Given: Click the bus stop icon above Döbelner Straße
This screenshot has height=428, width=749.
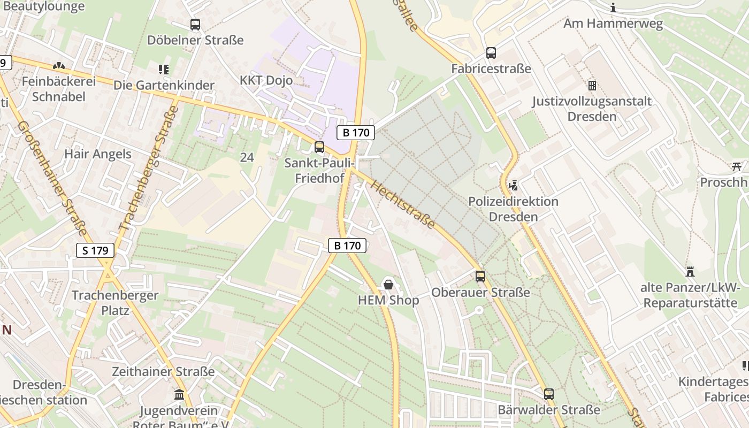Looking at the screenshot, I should [195, 25].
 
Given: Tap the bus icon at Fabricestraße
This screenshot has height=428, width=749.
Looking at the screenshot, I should [491, 53].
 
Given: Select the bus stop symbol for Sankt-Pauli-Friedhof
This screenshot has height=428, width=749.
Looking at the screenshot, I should [319, 147].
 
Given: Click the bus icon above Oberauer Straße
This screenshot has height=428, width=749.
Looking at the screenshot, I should [480, 277].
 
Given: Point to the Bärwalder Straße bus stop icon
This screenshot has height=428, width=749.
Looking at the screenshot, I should [549, 394].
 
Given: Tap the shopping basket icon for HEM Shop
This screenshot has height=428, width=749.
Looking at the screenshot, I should [388, 284].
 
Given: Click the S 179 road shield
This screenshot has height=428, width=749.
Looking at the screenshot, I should [95, 250].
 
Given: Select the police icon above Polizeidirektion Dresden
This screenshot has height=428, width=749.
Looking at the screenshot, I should [514, 186].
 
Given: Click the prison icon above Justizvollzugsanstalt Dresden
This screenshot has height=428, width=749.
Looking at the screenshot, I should [592, 85].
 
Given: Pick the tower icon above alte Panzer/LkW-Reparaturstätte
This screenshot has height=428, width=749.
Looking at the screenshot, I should [690, 272].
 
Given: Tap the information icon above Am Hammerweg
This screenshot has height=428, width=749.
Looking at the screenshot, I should [613, 7].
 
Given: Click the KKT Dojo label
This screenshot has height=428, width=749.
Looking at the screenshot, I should [266, 80].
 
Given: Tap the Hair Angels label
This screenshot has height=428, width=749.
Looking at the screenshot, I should [97, 154].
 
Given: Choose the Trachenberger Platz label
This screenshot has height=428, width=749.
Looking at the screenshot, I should [115, 302].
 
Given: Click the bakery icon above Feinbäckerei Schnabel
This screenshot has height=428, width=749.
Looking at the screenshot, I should [58, 66].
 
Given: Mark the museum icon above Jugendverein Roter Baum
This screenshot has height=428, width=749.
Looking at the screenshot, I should [179, 395].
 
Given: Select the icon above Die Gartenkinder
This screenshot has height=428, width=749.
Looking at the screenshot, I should [164, 69].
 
